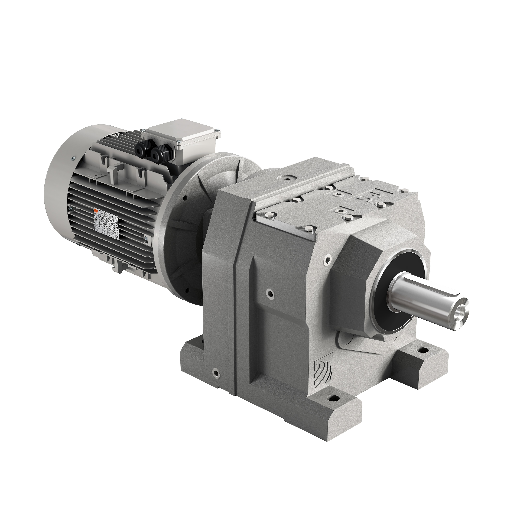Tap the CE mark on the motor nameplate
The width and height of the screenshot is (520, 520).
(116, 218)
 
